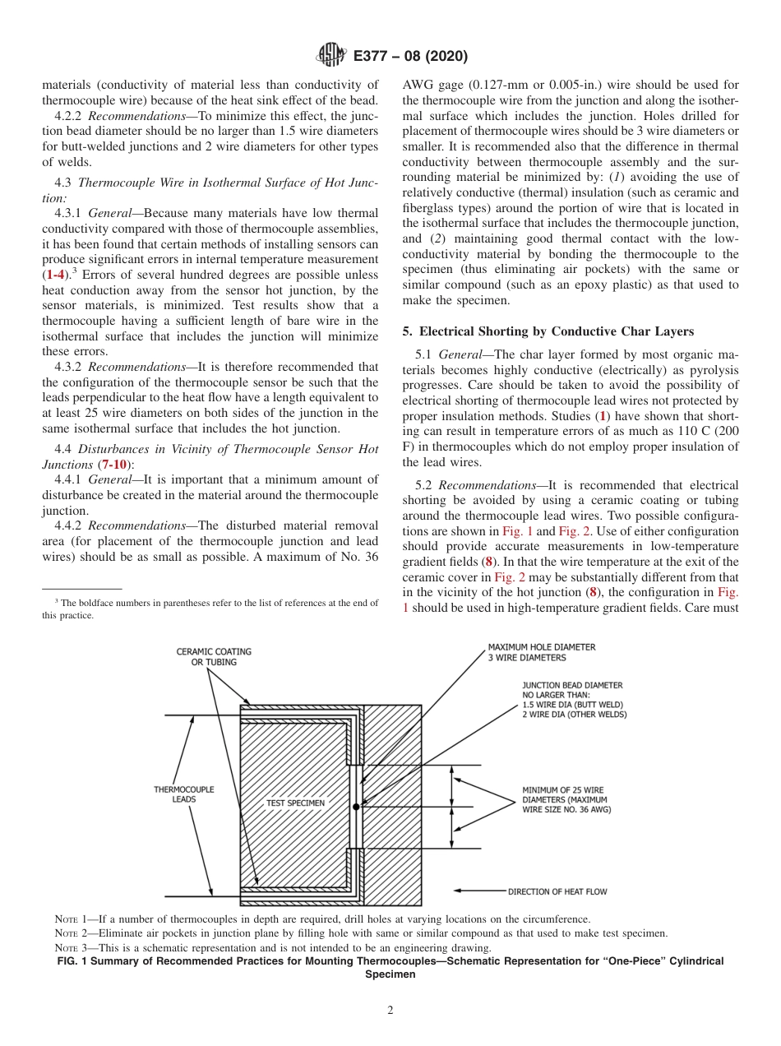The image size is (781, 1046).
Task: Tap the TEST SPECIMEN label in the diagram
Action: point(295,803)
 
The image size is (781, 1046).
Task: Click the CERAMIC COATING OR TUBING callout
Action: point(214,656)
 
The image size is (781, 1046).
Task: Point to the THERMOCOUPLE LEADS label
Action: point(184,794)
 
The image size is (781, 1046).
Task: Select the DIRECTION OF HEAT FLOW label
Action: point(557,891)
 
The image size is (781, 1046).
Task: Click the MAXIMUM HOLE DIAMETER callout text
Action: point(541,652)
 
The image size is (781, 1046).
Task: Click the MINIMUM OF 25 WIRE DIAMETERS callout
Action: point(566,799)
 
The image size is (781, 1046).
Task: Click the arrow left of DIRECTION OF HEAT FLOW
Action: point(477,891)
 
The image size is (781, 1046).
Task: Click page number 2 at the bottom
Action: point(390,1011)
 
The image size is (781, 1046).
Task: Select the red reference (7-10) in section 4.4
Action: point(114,465)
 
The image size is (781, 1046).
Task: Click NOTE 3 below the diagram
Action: point(75,948)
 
